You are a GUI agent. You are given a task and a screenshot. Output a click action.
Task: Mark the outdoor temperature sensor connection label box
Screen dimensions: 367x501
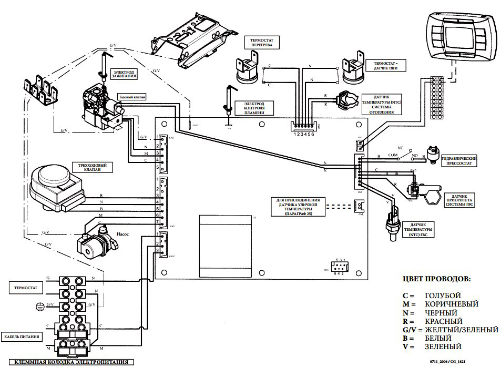298,207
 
